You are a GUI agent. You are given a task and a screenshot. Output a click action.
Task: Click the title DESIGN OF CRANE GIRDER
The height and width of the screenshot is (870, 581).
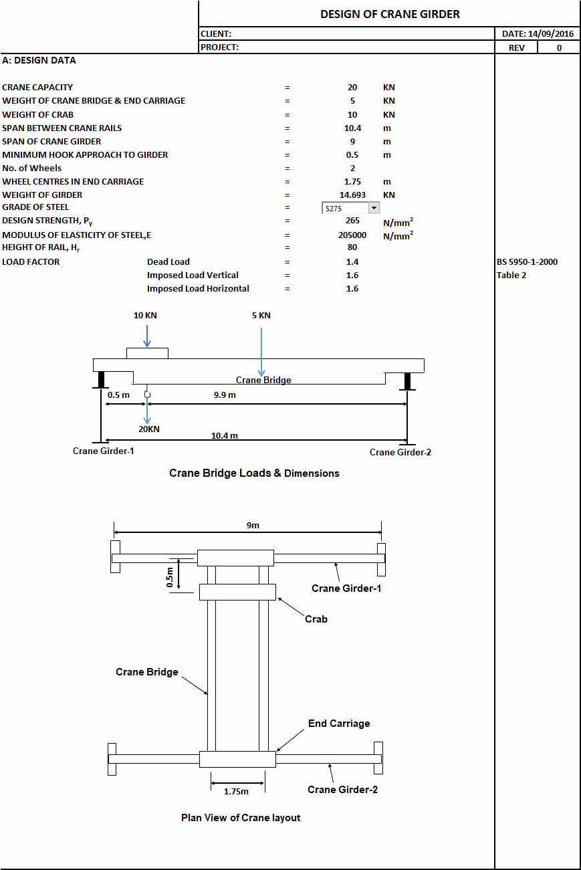[x=390, y=14]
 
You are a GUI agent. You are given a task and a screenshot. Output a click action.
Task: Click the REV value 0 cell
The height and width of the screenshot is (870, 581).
[x=559, y=47]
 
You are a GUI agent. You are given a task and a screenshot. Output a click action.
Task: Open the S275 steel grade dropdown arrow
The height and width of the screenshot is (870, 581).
[x=374, y=208]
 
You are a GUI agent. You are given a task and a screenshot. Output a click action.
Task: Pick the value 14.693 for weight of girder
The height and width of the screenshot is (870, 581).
[x=352, y=195]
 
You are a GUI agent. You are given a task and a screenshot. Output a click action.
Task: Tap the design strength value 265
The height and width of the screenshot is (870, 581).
[x=352, y=221]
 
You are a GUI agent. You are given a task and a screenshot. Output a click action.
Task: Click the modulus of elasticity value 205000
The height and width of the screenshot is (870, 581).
[x=352, y=235]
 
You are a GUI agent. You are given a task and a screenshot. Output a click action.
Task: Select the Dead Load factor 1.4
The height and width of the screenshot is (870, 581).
[x=352, y=262]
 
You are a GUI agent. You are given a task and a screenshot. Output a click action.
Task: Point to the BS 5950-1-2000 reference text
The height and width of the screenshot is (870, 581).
[x=527, y=262]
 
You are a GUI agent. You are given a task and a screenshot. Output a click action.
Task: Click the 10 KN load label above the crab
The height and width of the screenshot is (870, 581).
[x=145, y=315]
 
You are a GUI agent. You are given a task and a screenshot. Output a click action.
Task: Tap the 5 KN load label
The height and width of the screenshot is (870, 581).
[x=261, y=315]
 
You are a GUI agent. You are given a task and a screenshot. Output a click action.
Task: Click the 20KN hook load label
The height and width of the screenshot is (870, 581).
[x=148, y=429]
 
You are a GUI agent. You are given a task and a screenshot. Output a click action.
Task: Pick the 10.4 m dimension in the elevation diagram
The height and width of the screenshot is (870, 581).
[x=225, y=435]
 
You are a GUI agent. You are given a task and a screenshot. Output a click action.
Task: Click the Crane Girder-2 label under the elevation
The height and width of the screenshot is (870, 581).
[x=400, y=452]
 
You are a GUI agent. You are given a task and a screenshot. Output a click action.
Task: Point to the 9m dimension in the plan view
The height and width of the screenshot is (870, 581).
[x=253, y=526]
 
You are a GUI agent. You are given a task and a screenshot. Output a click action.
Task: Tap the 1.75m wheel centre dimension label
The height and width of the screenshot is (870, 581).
[x=236, y=791]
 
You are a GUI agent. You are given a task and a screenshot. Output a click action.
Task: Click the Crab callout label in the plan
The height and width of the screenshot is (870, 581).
[x=316, y=619]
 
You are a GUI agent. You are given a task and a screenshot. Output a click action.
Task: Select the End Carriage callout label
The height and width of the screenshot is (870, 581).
[x=339, y=724]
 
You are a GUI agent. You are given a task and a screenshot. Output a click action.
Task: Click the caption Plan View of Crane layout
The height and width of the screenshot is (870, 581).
[x=241, y=818]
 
